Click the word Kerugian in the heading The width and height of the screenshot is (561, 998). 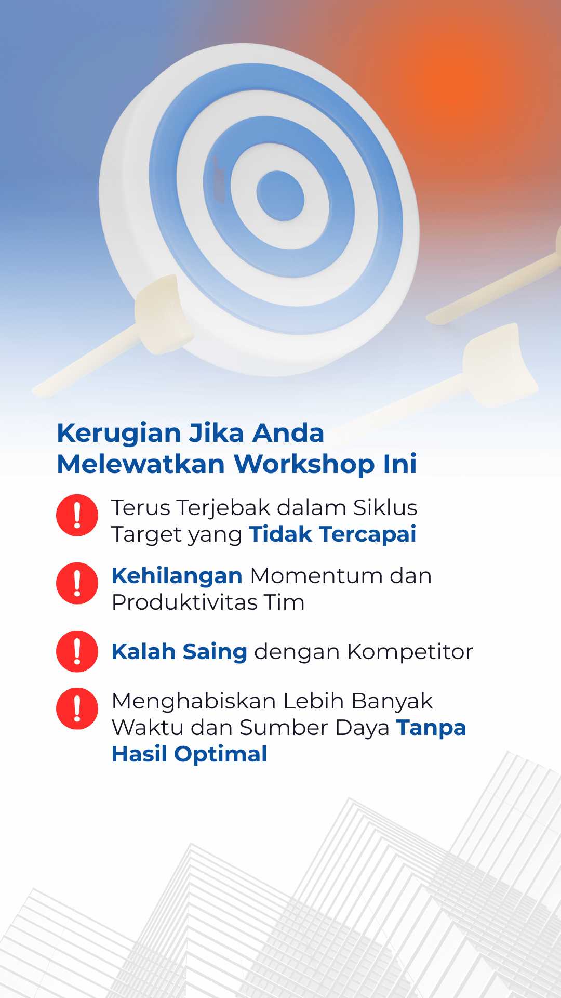coord(119,434)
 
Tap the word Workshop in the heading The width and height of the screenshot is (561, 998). coord(304,464)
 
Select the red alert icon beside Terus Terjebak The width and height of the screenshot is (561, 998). coord(77,515)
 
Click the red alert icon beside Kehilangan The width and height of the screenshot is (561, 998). coord(77,583)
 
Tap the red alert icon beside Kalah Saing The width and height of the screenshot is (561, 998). coord(77,651)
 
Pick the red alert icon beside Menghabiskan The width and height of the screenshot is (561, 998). coord(77,708)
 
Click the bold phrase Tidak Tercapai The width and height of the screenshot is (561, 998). coord(332,534)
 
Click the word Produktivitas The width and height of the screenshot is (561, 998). coord(185,602)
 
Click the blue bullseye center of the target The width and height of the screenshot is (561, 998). coord(280,195)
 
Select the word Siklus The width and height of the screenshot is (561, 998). coord(385,508)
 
